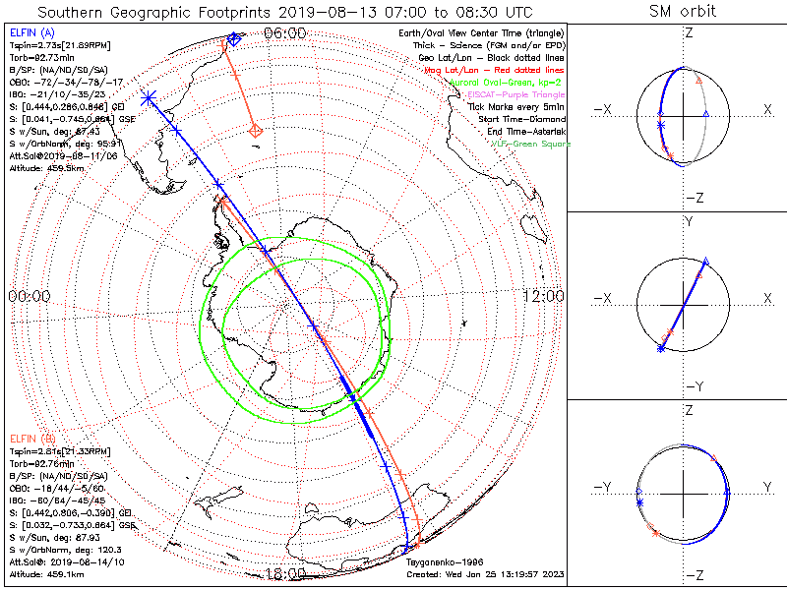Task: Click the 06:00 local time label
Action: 285,34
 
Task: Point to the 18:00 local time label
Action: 285,573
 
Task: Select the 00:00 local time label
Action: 29,296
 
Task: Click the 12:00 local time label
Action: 543,296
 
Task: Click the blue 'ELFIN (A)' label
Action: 32,33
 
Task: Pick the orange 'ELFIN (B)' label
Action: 32,437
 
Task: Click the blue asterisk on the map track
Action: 149,97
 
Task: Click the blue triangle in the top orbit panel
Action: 705,115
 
